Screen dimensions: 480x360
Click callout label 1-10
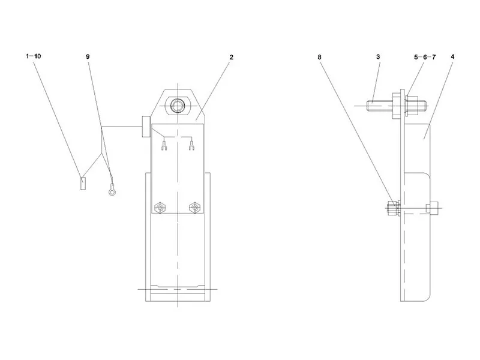[34, 56]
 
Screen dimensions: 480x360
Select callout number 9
[88, 56]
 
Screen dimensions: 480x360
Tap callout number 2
[232, 57]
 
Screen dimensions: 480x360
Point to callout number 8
[319, 57]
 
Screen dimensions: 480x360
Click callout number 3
[378, 56]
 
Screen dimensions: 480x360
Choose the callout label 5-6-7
[425, 57]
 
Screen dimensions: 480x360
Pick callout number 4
[452, 56]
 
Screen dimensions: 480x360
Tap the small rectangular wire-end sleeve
[83, 184]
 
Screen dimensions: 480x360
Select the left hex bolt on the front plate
[159, 208]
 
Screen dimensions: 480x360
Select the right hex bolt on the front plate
[194, 208]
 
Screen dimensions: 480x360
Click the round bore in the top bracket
[177, 106]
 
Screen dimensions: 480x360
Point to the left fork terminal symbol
[164, 145]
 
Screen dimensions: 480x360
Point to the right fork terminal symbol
[192, 145]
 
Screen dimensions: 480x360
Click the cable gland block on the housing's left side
[146, 127]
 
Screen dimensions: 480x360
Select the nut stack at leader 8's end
[394, 208]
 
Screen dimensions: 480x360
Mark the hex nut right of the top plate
[412, 106]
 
